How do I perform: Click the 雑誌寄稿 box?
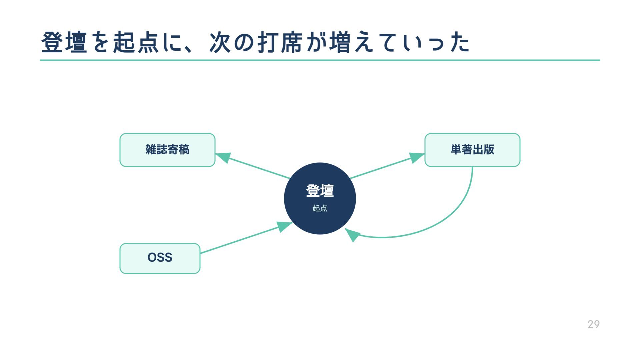tap(167, 150)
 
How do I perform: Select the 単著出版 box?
tap(472, 150)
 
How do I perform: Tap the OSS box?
tap(160, 258)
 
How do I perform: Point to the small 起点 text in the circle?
tap(320, 208)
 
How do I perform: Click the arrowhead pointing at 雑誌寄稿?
tap(223, 157)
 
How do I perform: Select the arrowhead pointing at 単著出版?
tap(416, 157)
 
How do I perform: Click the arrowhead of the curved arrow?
tap(352, 235)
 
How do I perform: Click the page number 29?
tap(594, 324)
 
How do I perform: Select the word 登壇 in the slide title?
tap(64, 42)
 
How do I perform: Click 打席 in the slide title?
tap(280, 42)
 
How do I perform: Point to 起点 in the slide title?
tap(136, 42)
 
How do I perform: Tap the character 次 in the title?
tap(220, 42)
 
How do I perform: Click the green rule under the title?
tap(320, 60)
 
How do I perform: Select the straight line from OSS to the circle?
tap(240, 240)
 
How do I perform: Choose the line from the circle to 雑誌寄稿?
tap(257, 168)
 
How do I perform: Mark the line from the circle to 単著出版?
tap(380, 169)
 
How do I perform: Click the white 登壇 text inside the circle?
tap(320, 191)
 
